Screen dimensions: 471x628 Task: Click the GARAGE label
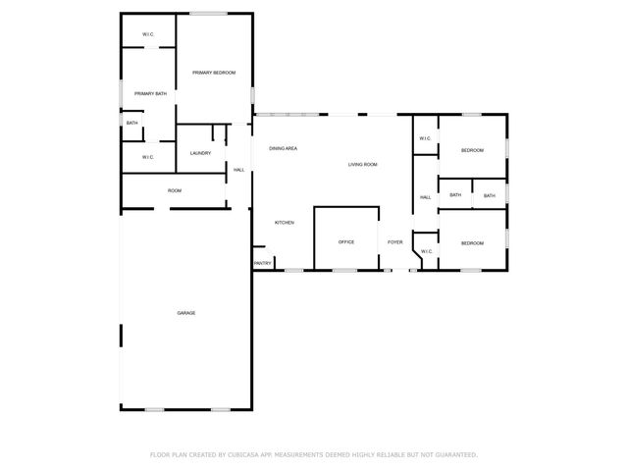click(186, 313)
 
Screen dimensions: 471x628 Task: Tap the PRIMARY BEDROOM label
click(214, 73)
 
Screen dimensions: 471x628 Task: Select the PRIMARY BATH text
click(150, 93)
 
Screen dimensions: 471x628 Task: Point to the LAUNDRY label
click(200, 153)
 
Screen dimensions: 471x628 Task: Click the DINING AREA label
click(284, 148)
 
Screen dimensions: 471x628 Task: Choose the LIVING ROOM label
click(362, 164)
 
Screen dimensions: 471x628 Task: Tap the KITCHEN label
click(285, 223)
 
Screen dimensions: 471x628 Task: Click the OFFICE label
click(346, 241)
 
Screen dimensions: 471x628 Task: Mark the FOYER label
click(394, 241)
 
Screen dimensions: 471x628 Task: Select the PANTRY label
click(262, 263)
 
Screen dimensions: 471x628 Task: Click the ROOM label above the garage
click(174, 190)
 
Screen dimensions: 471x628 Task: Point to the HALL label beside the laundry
click(238, 171)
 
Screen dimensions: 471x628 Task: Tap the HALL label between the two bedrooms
click(425, 197)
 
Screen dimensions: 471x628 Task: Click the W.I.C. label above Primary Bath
click(148, 34)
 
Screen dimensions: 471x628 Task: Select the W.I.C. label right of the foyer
click(426, 252)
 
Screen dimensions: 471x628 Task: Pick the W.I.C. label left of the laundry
click(148, 157)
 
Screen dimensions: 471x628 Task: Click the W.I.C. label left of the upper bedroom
click(425, 138)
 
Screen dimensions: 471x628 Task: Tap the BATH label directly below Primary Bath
click(131, 123)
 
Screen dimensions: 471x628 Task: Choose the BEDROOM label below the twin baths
click(472, 242)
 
